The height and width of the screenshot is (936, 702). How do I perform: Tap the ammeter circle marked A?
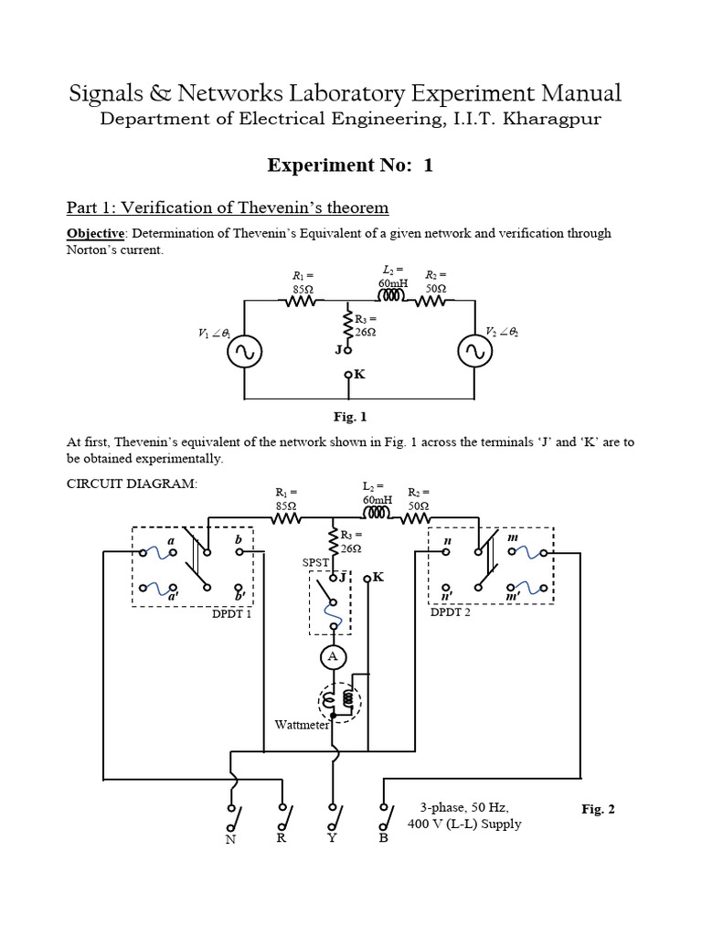(x=331, y=655)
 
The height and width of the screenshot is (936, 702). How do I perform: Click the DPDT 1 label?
(x=231, y=613)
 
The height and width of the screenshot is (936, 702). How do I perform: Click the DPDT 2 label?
(x=451, y=612)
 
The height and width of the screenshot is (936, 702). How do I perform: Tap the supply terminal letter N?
(x=231, y=841)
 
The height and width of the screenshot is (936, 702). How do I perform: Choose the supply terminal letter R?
(x=281, y=837)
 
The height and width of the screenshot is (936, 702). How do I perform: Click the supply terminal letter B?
(x=383, y=839)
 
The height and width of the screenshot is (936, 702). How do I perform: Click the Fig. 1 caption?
(x=350, y=417)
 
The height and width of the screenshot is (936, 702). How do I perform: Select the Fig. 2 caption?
(x=599, y=809)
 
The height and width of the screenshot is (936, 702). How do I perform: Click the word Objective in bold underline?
(x=95, y=234)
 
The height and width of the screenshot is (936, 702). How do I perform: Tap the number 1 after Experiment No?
(x=428, y=165)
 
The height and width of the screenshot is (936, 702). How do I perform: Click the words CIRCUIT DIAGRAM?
(x=132, y=484)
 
